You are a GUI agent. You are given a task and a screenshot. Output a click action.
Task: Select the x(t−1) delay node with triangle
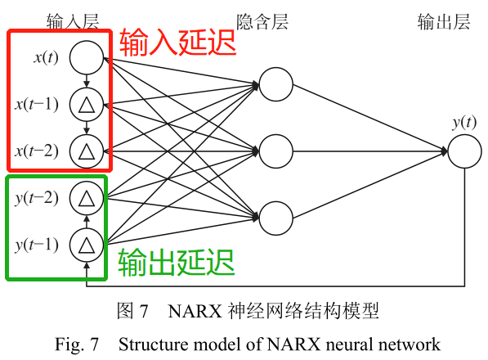click(86, 104)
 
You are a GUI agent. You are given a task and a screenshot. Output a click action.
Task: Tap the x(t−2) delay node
click(86, 151)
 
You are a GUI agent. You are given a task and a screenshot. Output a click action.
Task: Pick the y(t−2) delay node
click(86, 197)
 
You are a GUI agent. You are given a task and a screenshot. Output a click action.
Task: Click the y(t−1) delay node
click(86, 243)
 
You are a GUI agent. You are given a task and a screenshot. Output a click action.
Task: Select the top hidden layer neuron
click(275, 84)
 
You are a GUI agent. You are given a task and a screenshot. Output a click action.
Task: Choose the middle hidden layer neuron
click(275, 151)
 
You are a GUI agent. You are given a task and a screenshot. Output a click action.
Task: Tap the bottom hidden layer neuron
click(275, 218)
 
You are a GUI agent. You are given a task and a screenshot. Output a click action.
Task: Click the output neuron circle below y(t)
click(463, 151)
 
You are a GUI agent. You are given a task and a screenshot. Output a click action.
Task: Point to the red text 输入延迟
click(177, 43)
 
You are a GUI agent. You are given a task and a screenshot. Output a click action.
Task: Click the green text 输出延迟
click(177, 263)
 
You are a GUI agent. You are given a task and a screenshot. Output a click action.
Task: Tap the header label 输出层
click(442, 21)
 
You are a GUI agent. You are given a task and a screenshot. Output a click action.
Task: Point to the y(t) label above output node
click(463, 123)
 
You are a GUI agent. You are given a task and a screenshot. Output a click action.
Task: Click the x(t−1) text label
click(36, 104)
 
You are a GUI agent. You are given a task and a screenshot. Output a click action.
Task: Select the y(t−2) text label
click(36, 197)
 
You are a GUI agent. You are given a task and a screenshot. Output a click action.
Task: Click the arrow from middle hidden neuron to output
click(368, 151)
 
